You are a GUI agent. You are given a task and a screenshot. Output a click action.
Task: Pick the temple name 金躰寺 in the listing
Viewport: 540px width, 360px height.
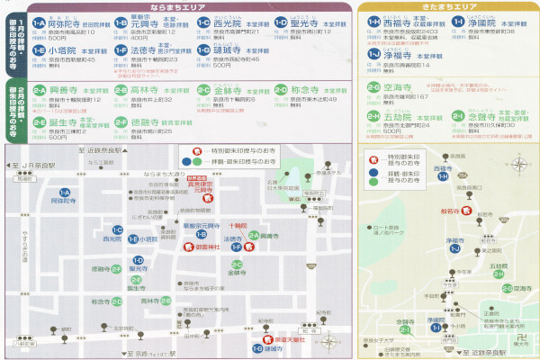229,91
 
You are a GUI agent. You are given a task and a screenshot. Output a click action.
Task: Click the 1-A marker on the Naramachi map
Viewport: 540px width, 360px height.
65,193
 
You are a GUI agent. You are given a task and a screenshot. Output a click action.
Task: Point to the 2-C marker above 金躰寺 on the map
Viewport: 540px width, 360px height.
237,264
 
